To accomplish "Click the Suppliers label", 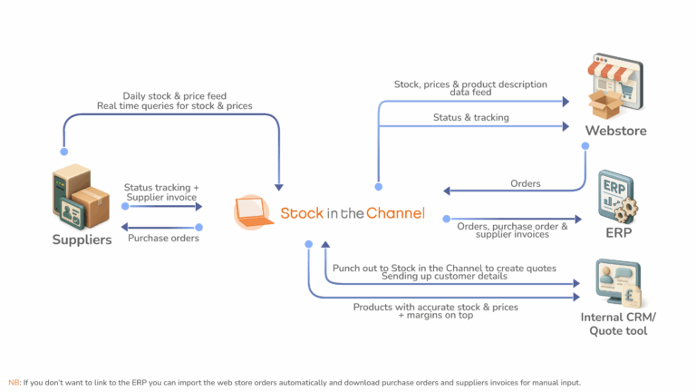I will pos(82,240).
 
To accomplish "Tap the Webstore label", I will pos(615,131).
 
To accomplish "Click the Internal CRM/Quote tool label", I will pos(617,324).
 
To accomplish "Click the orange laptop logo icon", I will pos(255,212).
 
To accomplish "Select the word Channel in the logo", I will pos(393,213).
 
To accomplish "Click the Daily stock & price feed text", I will pos(174,96).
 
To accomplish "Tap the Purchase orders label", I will pos(162,239).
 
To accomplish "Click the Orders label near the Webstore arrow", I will pos(526,183).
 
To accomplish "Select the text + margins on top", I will pos(435,316).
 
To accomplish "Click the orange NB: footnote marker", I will pos(14,382).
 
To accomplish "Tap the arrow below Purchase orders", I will pos(162,226).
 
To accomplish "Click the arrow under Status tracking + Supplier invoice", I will pos(162,206).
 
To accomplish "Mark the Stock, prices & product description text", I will pos(470,84).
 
